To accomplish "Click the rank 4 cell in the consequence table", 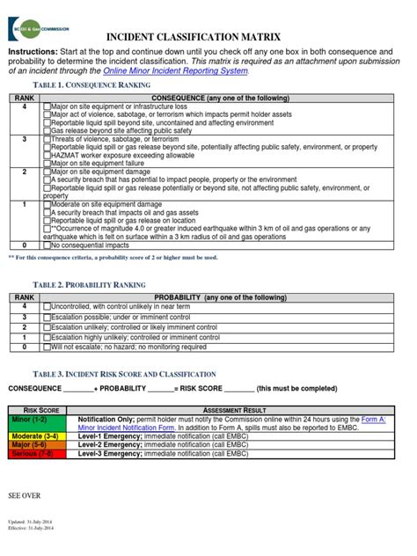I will pos(24,106).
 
